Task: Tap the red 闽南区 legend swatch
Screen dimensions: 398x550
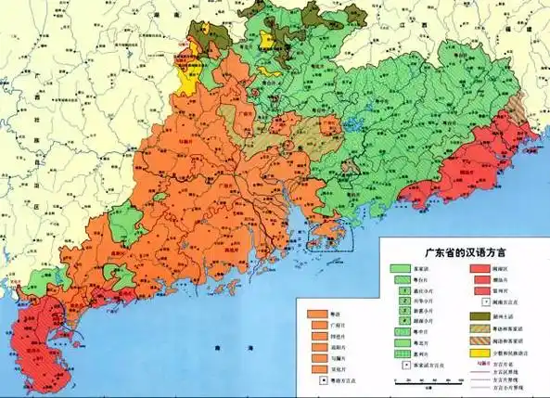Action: tap(482, 268)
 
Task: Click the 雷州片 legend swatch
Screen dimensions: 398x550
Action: tap(482, 291)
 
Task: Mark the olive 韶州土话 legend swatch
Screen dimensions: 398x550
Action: tap(482, 316)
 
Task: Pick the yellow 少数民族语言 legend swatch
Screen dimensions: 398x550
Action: tap(482, 353)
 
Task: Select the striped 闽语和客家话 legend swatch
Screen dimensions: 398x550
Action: tap(482, 340)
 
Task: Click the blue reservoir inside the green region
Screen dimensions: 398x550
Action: tap(352, 122)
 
